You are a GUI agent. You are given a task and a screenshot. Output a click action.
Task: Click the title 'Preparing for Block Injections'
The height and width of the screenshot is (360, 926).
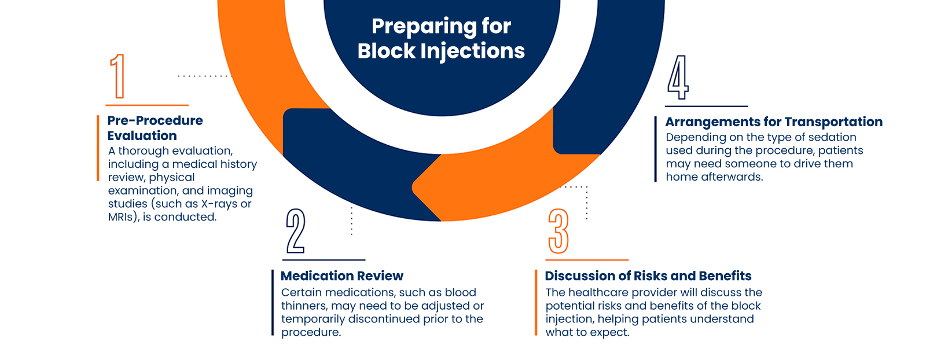[441, 38]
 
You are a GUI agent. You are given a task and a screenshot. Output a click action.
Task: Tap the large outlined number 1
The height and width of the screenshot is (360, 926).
[118, 76]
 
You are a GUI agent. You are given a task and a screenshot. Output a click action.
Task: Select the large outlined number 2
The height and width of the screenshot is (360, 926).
[296, 231]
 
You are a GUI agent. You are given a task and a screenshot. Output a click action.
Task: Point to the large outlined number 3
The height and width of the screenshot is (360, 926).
[558, 231]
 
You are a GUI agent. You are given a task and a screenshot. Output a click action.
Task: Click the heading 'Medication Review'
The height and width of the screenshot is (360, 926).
[342, 276]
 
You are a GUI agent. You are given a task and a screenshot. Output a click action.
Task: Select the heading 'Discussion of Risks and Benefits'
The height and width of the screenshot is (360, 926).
[648, 276]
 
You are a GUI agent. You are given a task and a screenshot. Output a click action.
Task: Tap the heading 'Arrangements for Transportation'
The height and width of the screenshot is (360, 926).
[774, 122]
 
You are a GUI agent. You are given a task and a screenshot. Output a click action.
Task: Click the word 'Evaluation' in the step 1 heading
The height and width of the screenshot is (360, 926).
[142, 136]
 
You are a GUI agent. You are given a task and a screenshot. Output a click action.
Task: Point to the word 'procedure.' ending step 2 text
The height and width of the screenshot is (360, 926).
[311, 332]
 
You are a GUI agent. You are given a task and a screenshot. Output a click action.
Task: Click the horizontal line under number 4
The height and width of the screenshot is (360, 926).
[706, 106]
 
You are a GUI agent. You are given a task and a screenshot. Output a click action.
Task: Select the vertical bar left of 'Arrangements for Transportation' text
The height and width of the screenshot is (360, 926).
[656, 149]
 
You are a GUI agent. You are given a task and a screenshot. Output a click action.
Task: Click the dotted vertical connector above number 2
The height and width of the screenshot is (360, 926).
[351, 221]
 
